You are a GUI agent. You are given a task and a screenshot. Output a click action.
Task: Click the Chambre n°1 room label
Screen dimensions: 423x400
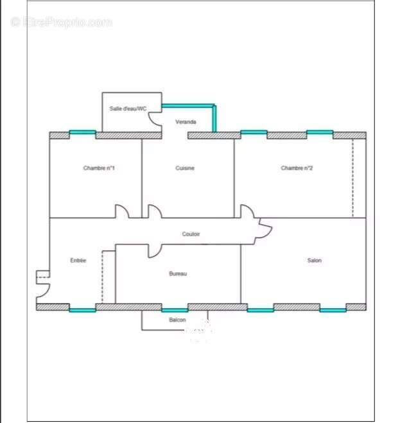click(98, 168)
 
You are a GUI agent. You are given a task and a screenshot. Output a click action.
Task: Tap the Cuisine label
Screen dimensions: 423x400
click(185, 168)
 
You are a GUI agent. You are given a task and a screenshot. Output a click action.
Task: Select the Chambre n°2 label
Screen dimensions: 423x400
click(297, 168)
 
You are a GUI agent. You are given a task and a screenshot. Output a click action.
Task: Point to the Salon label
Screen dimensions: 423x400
click(314, 260)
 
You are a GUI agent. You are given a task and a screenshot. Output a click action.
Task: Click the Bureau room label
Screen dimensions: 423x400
click(178, 273)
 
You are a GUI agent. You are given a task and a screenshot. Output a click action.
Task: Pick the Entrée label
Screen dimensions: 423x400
click(78, 260)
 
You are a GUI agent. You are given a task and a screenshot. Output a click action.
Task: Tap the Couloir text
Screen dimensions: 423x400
click(191, 234)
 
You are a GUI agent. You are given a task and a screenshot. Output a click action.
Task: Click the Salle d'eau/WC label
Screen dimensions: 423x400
click(128, 109)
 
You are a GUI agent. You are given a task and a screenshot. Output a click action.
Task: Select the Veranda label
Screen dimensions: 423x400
click(186, 121)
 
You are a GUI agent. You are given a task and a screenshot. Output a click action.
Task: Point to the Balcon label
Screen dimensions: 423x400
click(178, 320)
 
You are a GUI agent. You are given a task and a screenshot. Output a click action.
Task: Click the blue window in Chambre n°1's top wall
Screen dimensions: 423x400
click(82, 133)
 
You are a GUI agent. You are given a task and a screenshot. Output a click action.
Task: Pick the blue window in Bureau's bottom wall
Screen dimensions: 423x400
click(175, 310)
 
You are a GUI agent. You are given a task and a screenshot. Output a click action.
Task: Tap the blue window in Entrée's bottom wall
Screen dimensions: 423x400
click(82, 310)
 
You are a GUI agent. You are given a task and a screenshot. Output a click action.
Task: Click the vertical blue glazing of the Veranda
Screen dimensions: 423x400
click(215, 119)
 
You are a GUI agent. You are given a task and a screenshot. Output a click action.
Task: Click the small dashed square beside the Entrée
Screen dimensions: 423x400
click(42, 277)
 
